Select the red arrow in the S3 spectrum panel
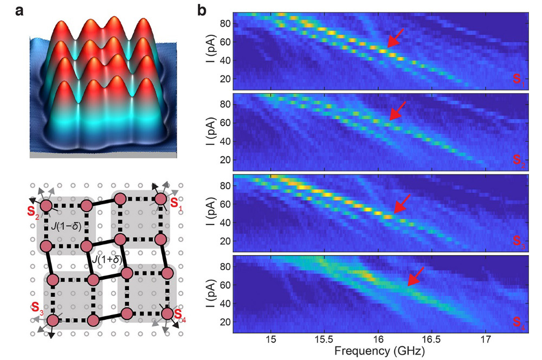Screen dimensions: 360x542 [402, 203]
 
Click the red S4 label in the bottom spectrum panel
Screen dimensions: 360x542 [519, 326]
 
